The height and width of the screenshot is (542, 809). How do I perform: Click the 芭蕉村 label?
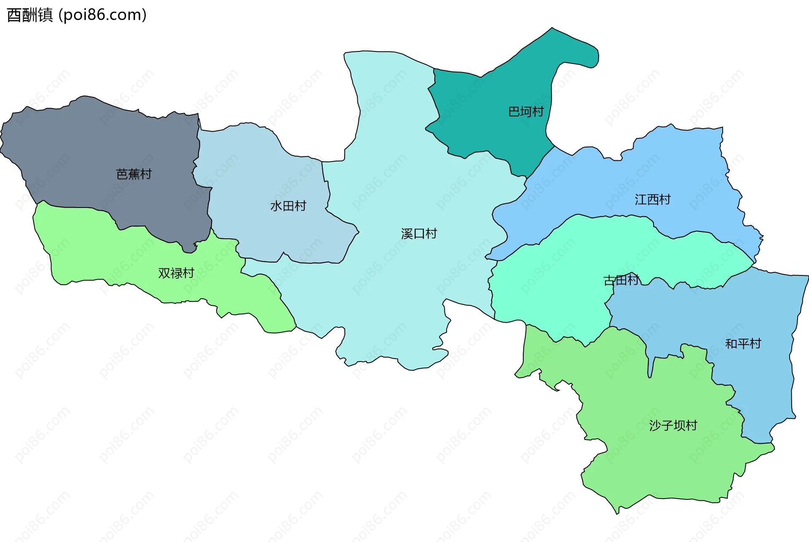click(134, 174)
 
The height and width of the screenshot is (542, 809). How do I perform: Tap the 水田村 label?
click(288, 206)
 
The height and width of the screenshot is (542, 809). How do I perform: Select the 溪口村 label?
click(419, 234)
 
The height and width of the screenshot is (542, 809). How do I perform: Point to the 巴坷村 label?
click(526, 112)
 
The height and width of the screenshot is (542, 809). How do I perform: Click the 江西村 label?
click(653, 200)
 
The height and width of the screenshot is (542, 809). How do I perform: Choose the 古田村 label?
click(621, 280)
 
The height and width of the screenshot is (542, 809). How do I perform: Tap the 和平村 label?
click(743, 344)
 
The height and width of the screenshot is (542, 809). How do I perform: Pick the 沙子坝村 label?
click(673, 426)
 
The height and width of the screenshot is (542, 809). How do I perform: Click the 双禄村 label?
click(176, 273)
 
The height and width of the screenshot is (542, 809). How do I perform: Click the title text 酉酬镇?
click(30, 15)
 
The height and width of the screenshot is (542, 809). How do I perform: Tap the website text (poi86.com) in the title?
click(102, 15)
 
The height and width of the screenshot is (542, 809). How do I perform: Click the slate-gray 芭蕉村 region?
click(84, 148)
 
